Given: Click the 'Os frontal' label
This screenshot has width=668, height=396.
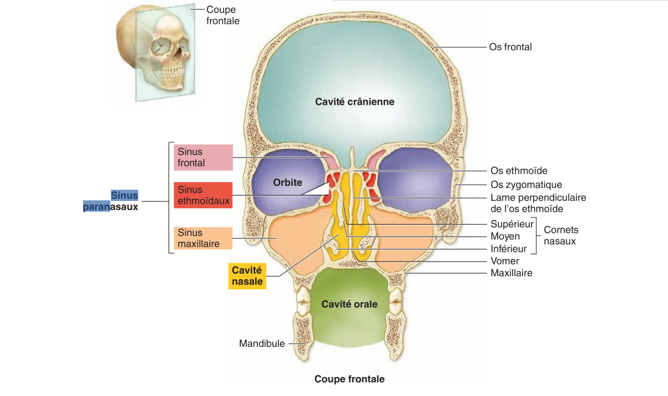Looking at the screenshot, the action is [x=510, y=47].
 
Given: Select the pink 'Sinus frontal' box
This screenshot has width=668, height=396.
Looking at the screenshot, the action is [x=203, y=157].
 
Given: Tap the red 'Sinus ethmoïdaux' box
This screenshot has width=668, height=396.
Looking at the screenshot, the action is [x=203, y=195].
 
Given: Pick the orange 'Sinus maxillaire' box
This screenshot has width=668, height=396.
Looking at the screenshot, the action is [x=203, y=238].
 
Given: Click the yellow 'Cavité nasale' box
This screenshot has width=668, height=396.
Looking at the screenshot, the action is [x=247, y=276].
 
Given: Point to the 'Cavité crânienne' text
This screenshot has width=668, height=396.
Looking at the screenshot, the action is [x=355, y=102].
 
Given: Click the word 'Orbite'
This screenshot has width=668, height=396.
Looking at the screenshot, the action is [x=288, y=182].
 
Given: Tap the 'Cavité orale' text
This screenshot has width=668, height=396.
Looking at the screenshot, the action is [x=349, y=304].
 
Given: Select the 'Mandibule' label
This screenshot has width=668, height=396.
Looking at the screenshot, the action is [x=262, y=344].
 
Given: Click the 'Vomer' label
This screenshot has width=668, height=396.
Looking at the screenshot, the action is [x=504, y=261].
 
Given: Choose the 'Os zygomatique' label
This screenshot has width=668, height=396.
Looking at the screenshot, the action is [x=526, y=185].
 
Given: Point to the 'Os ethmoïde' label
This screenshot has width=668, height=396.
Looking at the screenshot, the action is [x=519, y=171].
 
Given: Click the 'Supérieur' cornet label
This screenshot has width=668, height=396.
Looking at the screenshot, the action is [x=511, y=224].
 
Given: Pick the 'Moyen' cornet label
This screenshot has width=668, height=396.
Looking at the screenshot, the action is [x=505, y=237].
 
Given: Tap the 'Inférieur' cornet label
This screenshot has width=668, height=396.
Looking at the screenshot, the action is [x=508, y=248].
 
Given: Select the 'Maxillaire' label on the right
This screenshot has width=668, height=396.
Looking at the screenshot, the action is [x=511, y=273].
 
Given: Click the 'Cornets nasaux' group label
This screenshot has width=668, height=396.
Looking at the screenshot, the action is [x=561, y=235].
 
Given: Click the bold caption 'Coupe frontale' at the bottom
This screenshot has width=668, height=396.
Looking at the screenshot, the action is [x=349, y=379].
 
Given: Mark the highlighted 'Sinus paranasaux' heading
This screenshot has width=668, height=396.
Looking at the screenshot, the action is [x=111, y=201].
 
